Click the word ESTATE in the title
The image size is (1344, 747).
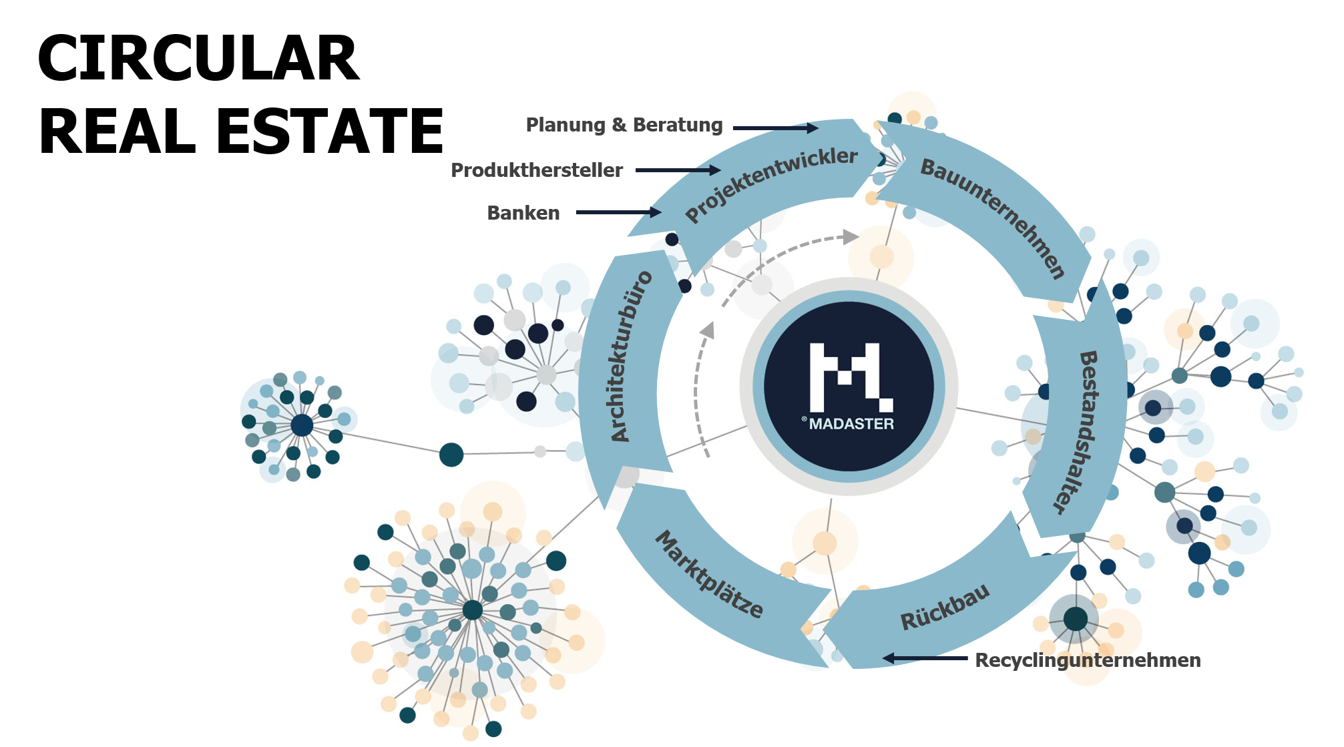(x=330, y=132)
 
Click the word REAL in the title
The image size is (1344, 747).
(x=118, y=132)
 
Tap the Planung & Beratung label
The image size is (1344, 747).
(x=624, y=125)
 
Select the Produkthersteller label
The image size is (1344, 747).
(x=537, y=170)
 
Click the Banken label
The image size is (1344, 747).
(x=523, y=213)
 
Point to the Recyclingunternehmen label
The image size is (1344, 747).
(x=1088, y=660)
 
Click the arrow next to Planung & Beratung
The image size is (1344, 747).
(x=775, y=128)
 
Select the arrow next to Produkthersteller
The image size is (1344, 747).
(x=678, y=170)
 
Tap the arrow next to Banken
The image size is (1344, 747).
(x=618, y=212)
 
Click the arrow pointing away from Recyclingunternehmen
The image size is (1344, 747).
(x=925, y=658)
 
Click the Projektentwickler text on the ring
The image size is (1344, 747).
(x=771, y=184)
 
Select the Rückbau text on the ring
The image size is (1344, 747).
(x=945, y=607)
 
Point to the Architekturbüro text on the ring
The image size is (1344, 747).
(x=630, y=356)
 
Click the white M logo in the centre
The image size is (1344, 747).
(x=850, y=377)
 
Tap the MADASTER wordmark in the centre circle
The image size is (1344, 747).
(x=851, y=424)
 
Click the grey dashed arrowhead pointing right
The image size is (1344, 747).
(x=851, y=236)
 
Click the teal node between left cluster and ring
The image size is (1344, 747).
(x=451, y=455)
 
